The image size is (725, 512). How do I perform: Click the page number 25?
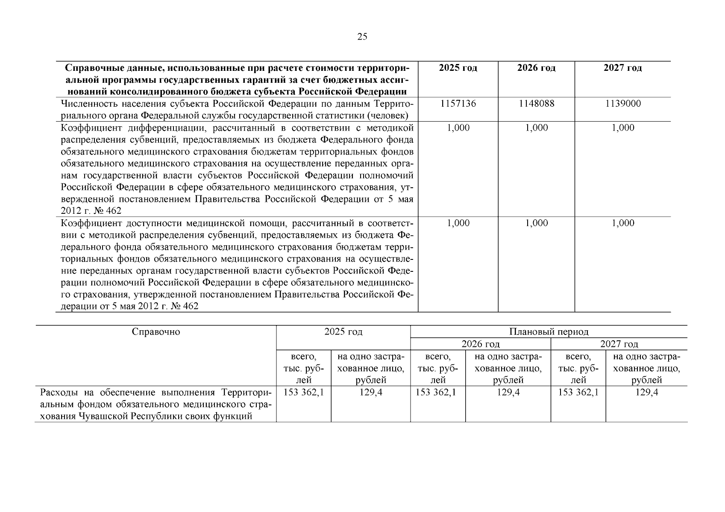(362, 37)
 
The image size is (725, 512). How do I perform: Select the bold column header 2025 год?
(458, 68)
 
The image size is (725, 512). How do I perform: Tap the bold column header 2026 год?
(536, 68)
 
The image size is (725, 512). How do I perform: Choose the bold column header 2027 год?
(622, 68)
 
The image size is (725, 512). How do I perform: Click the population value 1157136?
(458, 104)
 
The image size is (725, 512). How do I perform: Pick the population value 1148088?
(537, 104)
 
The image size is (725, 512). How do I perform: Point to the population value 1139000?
(623, 104)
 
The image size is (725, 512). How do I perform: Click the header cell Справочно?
(156, 332)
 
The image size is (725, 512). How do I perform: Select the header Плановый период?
(549, 332)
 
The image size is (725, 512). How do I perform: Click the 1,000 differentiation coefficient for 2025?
(458, 128)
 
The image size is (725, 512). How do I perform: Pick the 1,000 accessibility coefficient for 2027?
(623, 223)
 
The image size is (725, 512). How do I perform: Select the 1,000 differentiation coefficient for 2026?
(537, 128)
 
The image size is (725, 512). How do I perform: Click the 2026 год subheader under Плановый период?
(480, 344)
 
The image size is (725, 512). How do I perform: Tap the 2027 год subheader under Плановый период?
(619, 344)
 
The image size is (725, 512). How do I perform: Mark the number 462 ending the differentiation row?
(113, 211)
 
